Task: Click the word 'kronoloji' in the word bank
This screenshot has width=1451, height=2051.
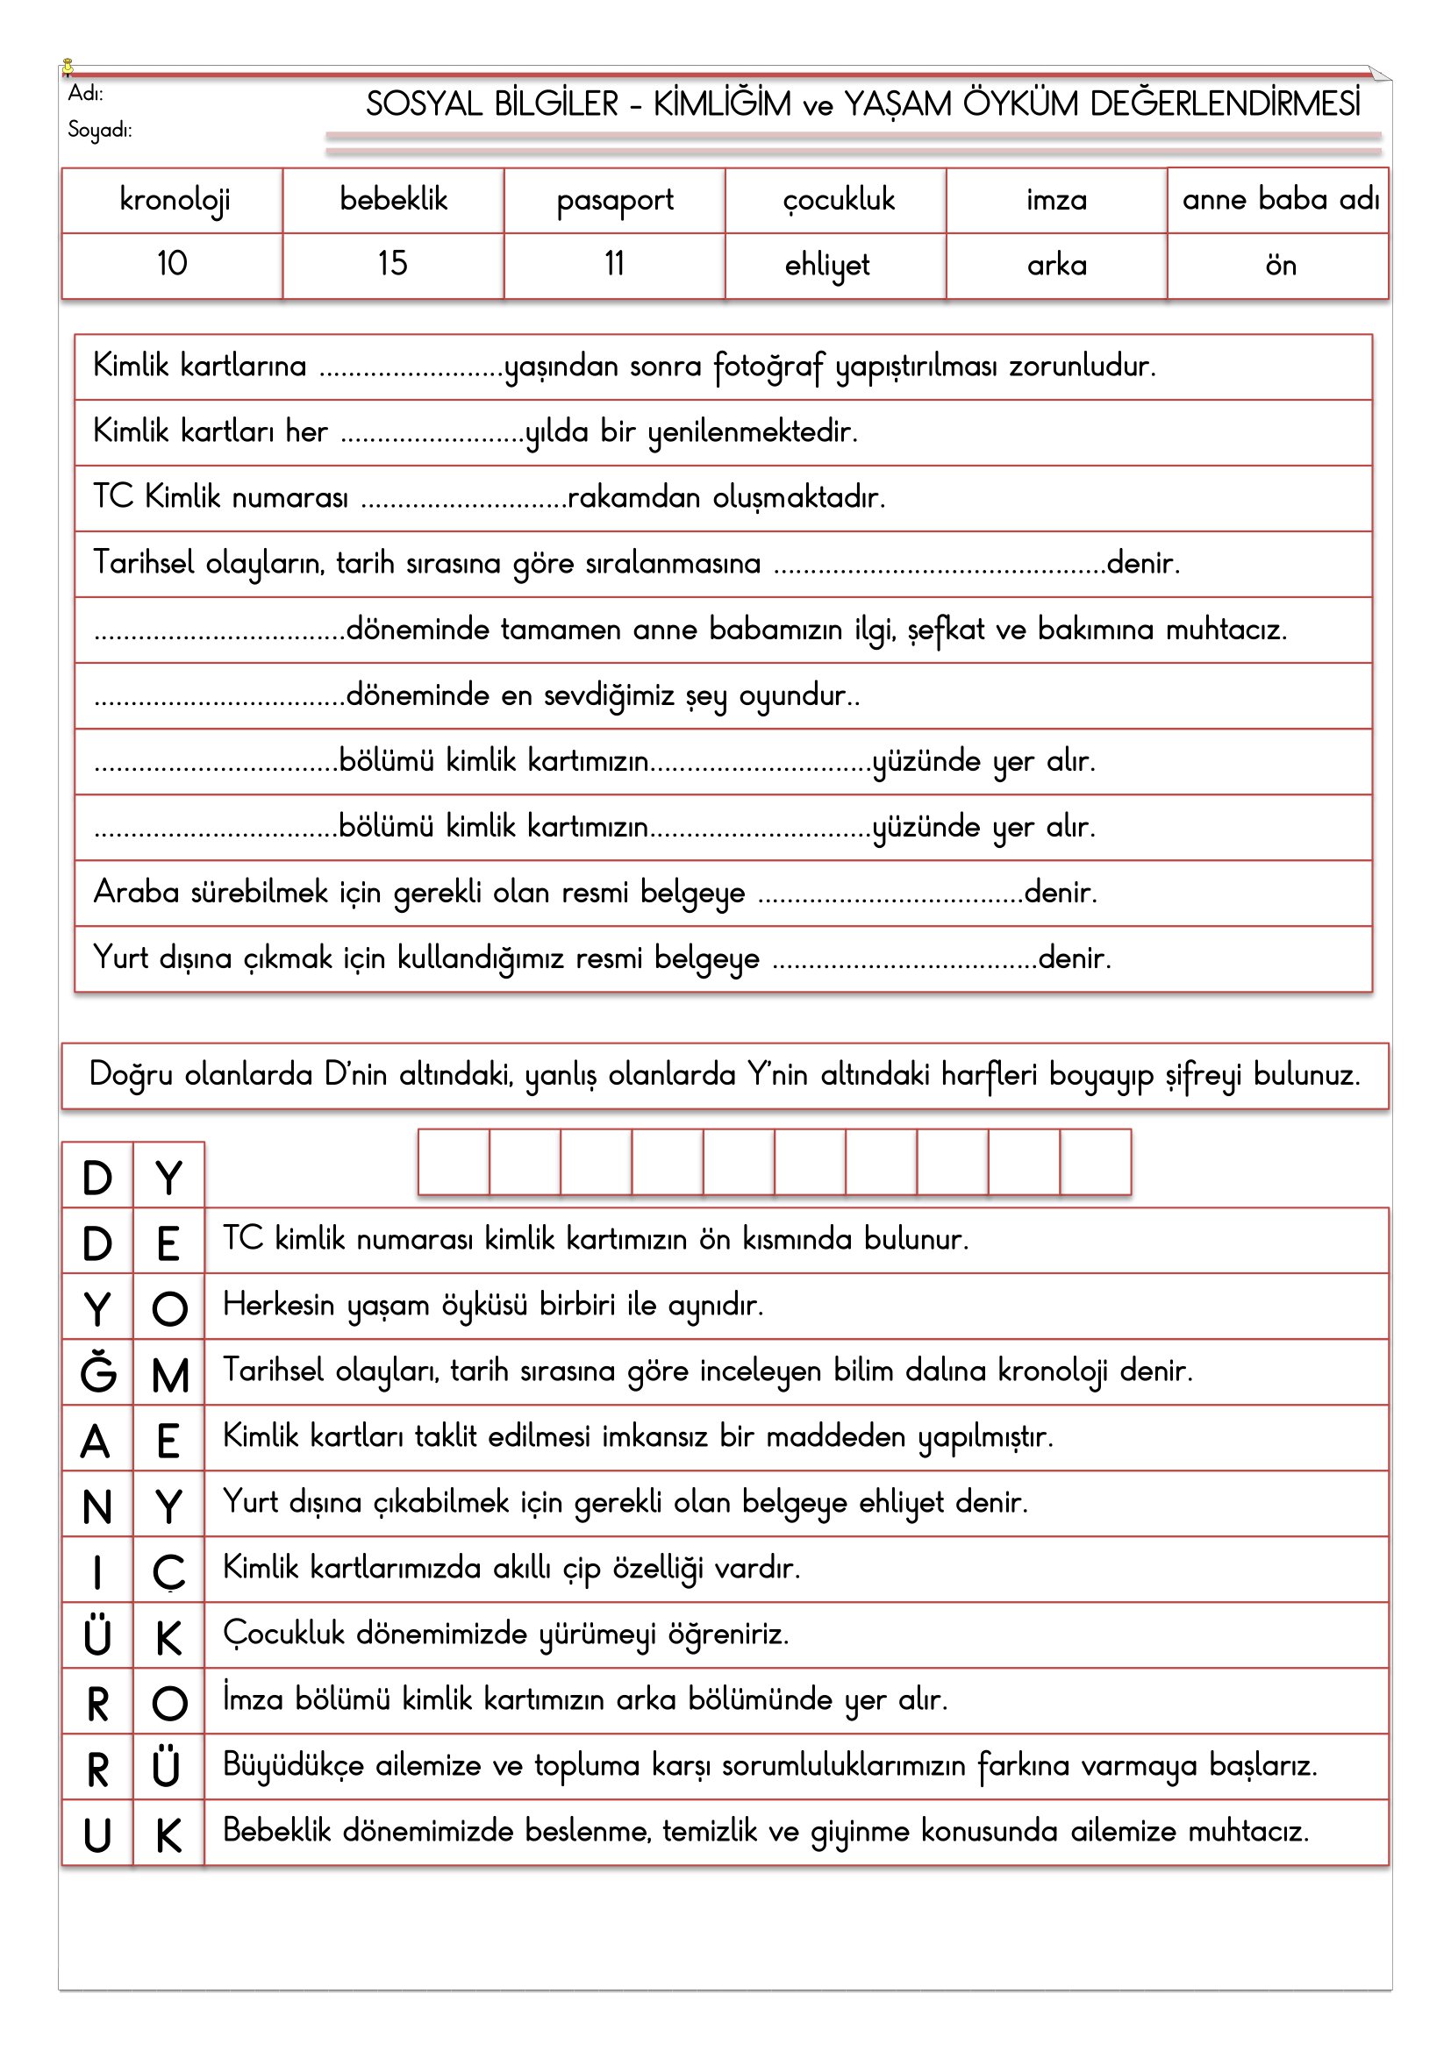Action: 175,200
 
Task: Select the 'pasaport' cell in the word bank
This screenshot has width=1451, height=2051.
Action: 615,200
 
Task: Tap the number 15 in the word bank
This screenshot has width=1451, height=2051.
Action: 392,264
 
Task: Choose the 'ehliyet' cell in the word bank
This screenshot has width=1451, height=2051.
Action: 827,266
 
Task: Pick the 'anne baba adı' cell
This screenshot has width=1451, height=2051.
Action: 1279,199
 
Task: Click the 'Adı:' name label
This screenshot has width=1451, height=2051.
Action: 86,94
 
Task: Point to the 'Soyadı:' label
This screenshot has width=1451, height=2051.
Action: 99,131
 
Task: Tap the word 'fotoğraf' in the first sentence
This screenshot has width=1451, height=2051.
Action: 768,367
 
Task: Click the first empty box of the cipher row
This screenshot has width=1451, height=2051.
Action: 454,1161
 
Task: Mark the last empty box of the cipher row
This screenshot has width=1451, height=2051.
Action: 1096,1161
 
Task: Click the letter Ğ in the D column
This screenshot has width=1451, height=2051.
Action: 97,1372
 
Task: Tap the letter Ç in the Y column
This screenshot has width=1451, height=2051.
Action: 168,1572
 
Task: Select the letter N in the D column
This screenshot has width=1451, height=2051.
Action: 97,1507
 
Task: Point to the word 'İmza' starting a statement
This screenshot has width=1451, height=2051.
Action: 253,1699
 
